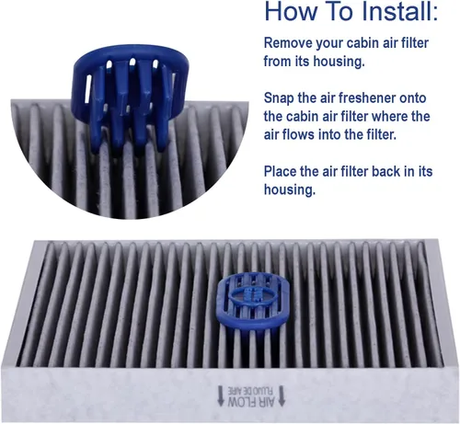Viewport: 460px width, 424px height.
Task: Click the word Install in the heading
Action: [x=400, y=11]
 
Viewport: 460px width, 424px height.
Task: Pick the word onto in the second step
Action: [x=413, y=98]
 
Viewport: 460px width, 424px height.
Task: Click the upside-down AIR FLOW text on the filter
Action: [x=251, y=402]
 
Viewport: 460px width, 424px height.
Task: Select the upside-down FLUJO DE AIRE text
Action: [x=251, y=391]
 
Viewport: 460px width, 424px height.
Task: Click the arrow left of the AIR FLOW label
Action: [x=221, y=396]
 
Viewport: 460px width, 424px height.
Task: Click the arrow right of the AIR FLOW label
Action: [x=282, y=395]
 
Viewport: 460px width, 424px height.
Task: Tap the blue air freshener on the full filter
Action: [x=251, y=303]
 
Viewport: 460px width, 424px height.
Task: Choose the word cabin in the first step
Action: [x=362, y=43]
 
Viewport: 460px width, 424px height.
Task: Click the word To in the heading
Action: [x=339, y=11]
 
